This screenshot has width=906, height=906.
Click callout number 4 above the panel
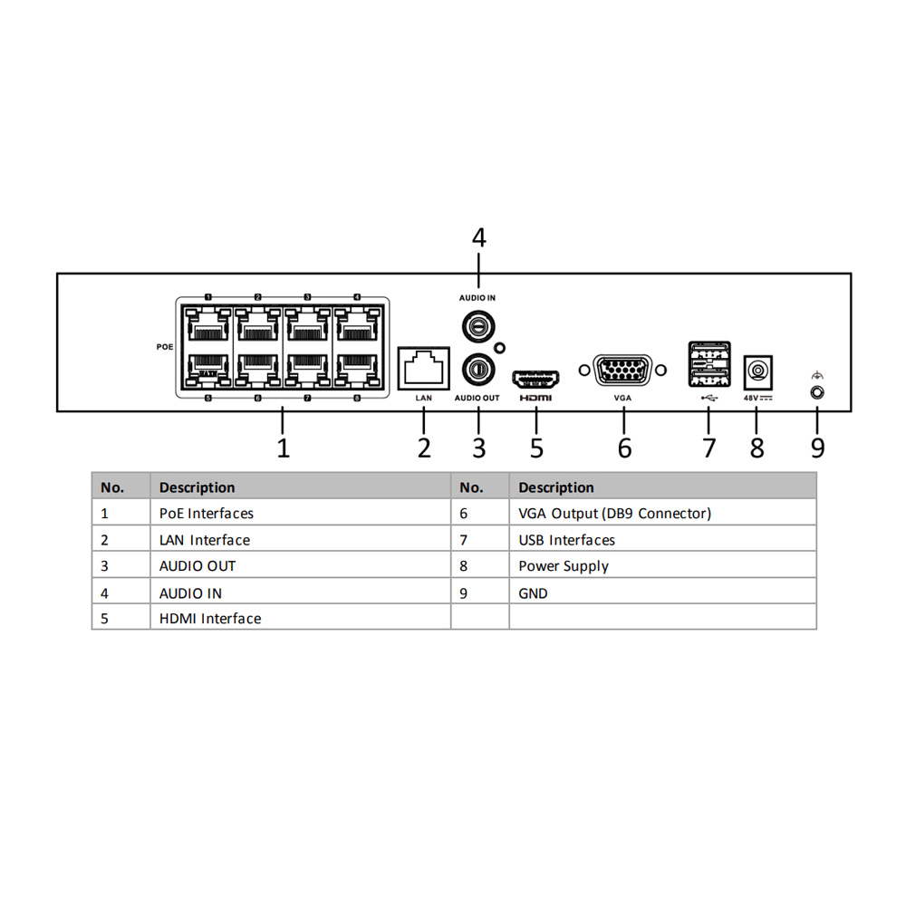479,237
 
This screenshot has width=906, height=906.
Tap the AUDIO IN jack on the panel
477,323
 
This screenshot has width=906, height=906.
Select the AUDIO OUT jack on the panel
477,368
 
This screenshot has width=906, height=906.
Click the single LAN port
424,369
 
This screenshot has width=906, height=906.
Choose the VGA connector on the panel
622,371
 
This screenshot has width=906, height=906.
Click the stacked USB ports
708,365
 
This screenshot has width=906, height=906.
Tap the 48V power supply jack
757,371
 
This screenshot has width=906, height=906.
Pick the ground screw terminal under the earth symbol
817,392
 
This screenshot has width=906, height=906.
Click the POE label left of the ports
164,346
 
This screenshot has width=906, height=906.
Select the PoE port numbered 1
207,323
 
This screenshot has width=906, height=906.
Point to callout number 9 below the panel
818,447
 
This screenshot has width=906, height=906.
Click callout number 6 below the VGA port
624,447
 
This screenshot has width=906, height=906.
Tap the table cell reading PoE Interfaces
207,514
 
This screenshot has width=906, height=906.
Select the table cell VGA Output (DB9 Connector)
614,514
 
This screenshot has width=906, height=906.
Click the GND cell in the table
533,593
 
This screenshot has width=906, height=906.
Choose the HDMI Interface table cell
210,619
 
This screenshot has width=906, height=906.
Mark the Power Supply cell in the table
563,566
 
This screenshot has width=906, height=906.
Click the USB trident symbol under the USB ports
708,396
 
